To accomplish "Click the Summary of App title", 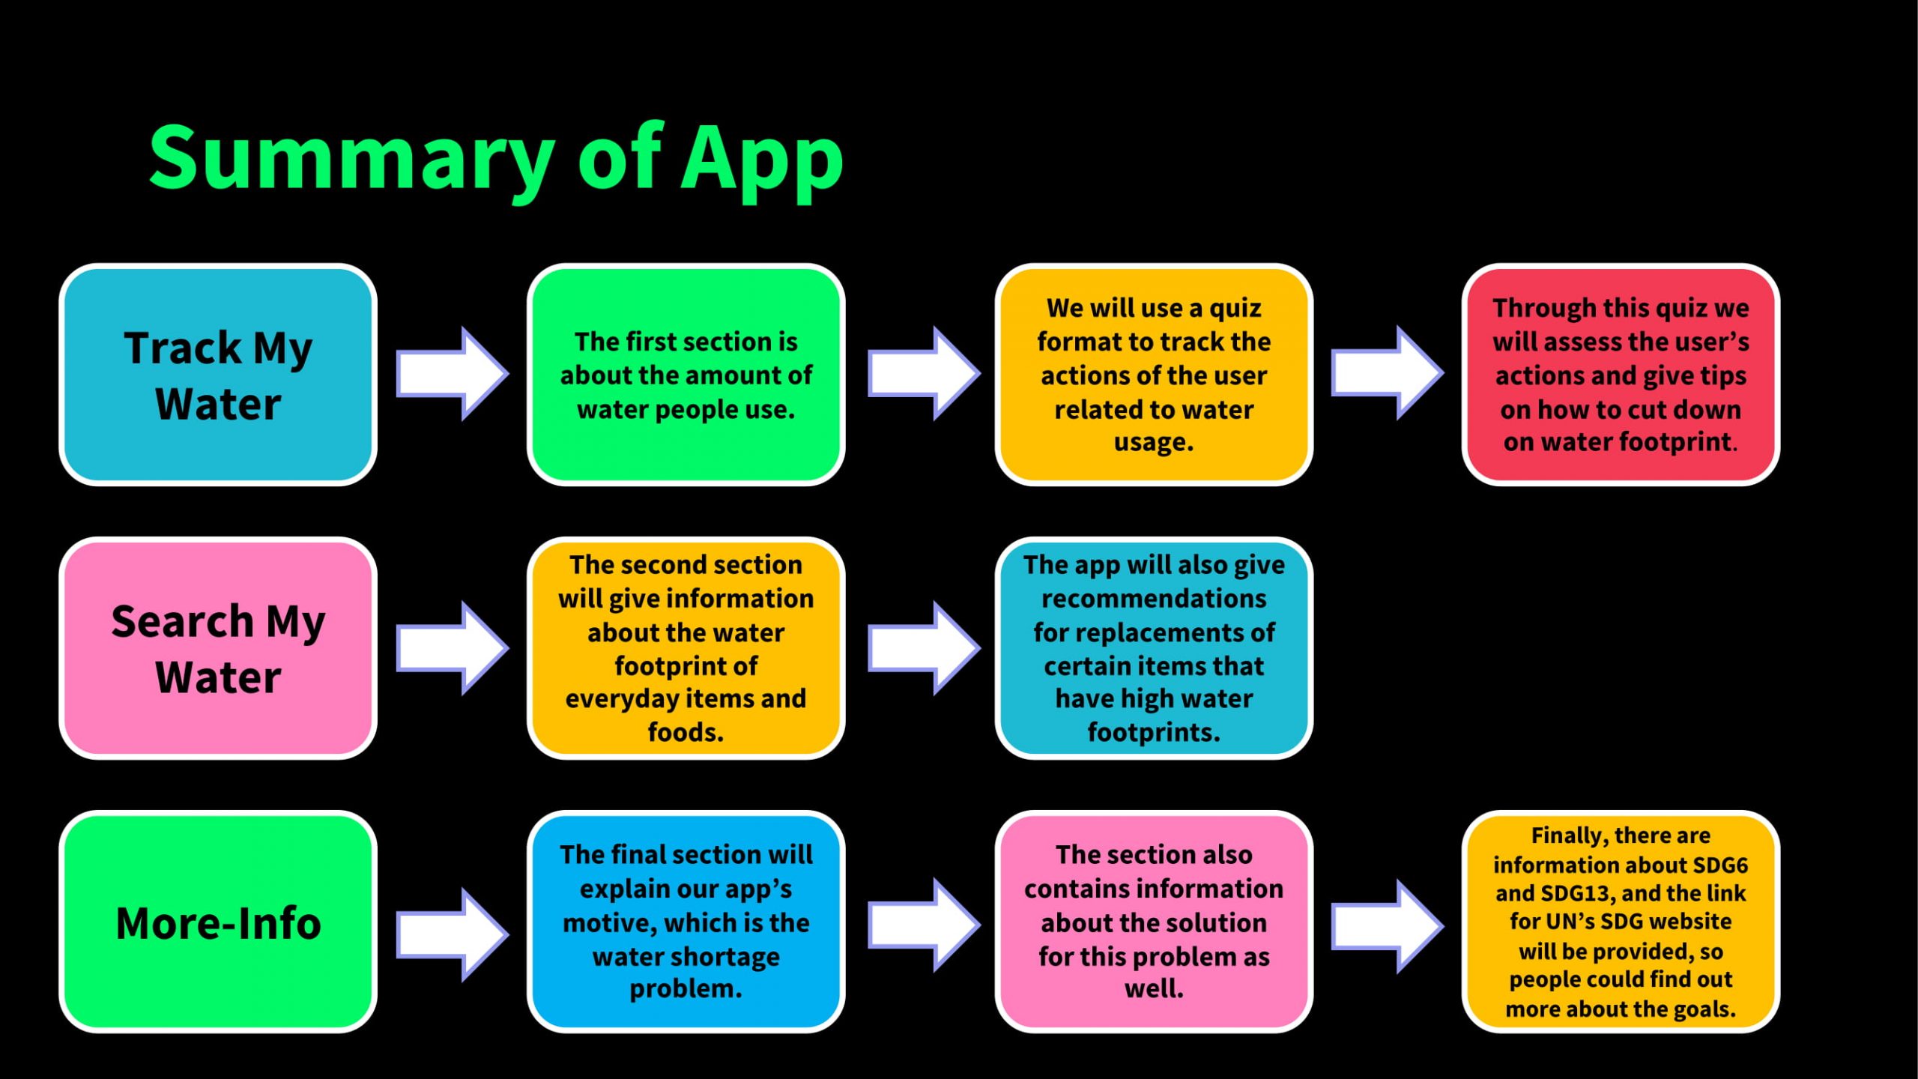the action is pyautogui.click(x=496, y=160).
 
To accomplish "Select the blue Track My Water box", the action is pyautogui.click(x=218, y=375).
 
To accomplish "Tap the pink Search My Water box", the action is pyautogui.click(x=218, y=648).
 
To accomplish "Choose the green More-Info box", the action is pyautogui.click(x=218, y=922).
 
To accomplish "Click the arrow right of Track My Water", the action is pyautogui.click(x=453, y=373).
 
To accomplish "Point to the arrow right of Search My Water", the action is pyautogui.click(x=453, y=647).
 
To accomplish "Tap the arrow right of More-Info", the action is pyautogui.click(x=453, y=934).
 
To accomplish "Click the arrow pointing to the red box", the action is pyautogui.click(x=1388, y=372).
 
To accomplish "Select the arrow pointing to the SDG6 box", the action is pyautogui.click(x=1388, y=926).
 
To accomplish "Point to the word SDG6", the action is pyautogui.click(x=1720, y=865).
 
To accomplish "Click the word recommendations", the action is pyautogui.click(x=1154, y=599).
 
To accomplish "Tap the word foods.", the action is pyautogui.click(x=686, y=731).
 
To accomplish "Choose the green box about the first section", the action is pyautogui.click(x=686, y=375).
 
